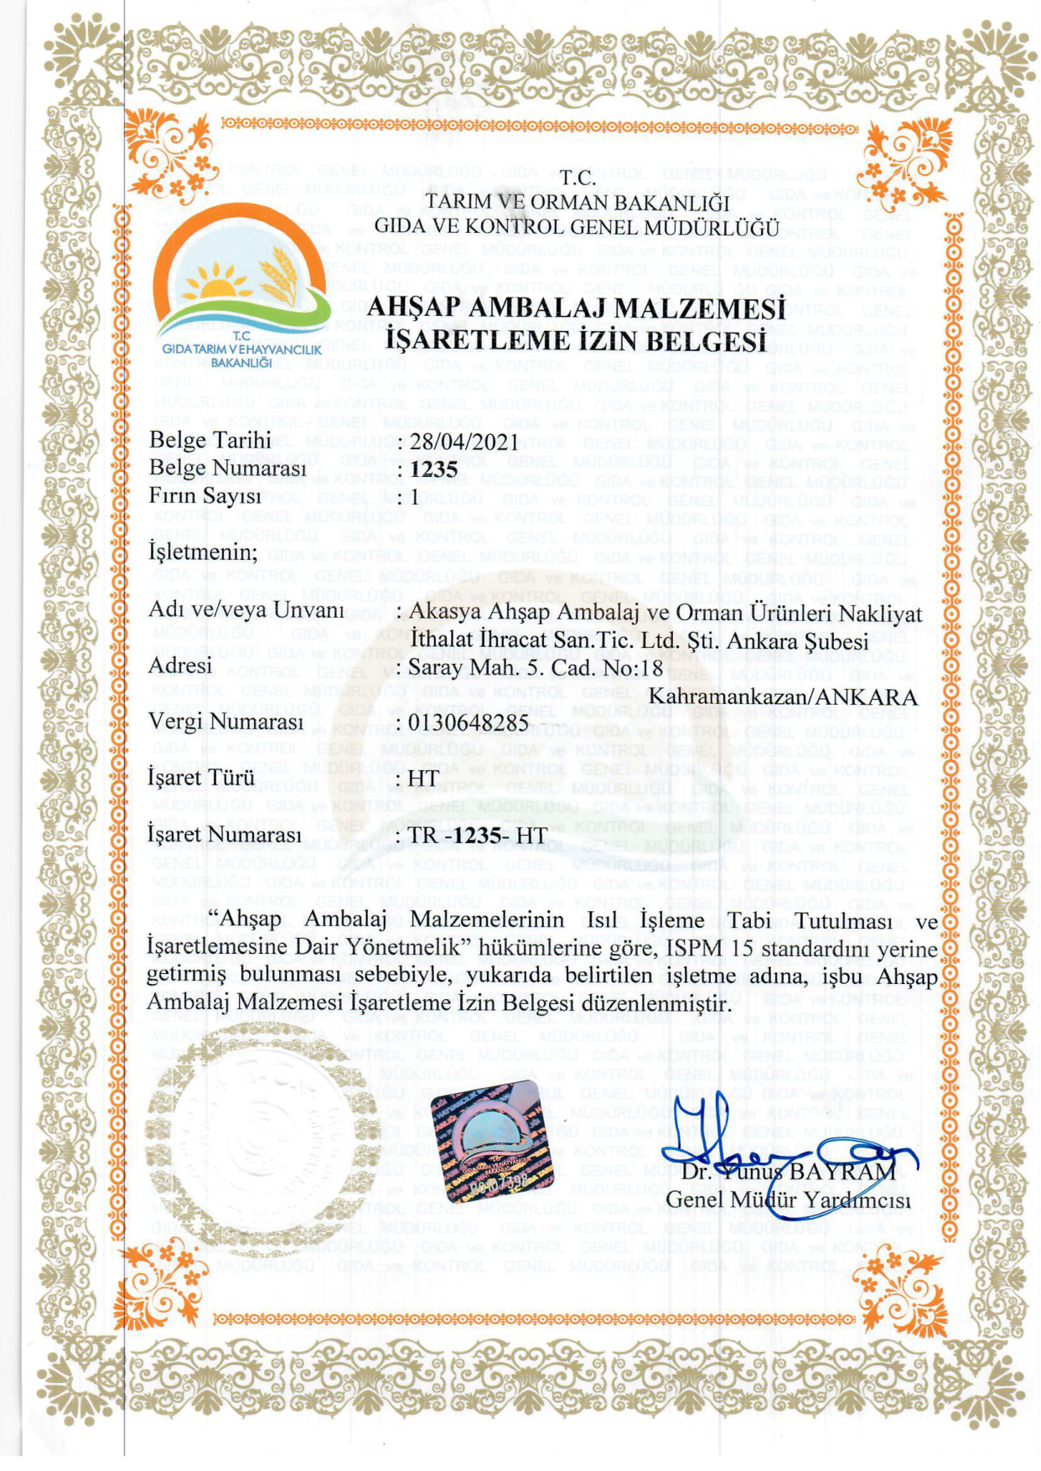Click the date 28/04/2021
[x=464, y=441]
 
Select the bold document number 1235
[x=433, y=469]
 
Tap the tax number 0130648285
[x=468, y=722]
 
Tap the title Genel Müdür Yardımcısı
[x=787, y=1200]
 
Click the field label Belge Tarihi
[x=210, y=440]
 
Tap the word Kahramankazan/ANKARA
[x=783, y=697]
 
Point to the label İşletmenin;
[x=203, y=551]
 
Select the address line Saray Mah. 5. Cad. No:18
[x=535, y=668]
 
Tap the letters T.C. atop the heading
[x=577, y=178]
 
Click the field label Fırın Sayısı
[x=205, y=495]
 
